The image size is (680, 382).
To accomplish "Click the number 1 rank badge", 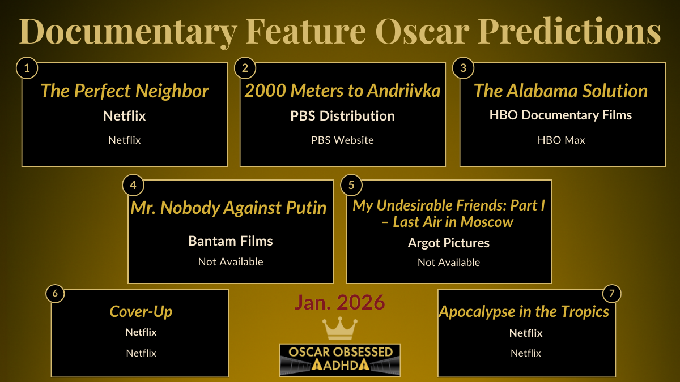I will coord(27,68).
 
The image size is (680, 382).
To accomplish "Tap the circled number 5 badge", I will coord(351,185).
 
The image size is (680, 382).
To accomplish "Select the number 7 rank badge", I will coord(611,294).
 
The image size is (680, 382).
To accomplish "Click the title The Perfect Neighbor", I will coord(125,91).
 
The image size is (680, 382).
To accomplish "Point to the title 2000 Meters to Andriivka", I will coord(342,91).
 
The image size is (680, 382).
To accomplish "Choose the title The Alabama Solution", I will coord(560,91).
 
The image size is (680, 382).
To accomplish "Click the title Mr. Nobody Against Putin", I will coord(229,208).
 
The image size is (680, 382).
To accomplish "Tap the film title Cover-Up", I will coord(141,311).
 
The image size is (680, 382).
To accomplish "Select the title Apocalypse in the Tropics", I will coord(524,311).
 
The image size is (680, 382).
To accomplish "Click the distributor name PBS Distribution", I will coord(342,116).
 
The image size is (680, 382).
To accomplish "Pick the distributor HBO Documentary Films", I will coord(560,115).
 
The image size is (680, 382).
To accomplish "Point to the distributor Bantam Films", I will coord(231,241).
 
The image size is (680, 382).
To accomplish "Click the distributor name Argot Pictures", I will coord(449,243).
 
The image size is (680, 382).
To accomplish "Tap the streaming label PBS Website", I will coord(342,140).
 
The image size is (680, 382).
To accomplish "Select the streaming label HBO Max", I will coord(561,140).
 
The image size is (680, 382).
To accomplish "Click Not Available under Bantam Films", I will coord(231,261).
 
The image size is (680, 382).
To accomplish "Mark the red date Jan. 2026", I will coord(339,303).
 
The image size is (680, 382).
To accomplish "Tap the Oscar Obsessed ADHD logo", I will coord(340,359).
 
